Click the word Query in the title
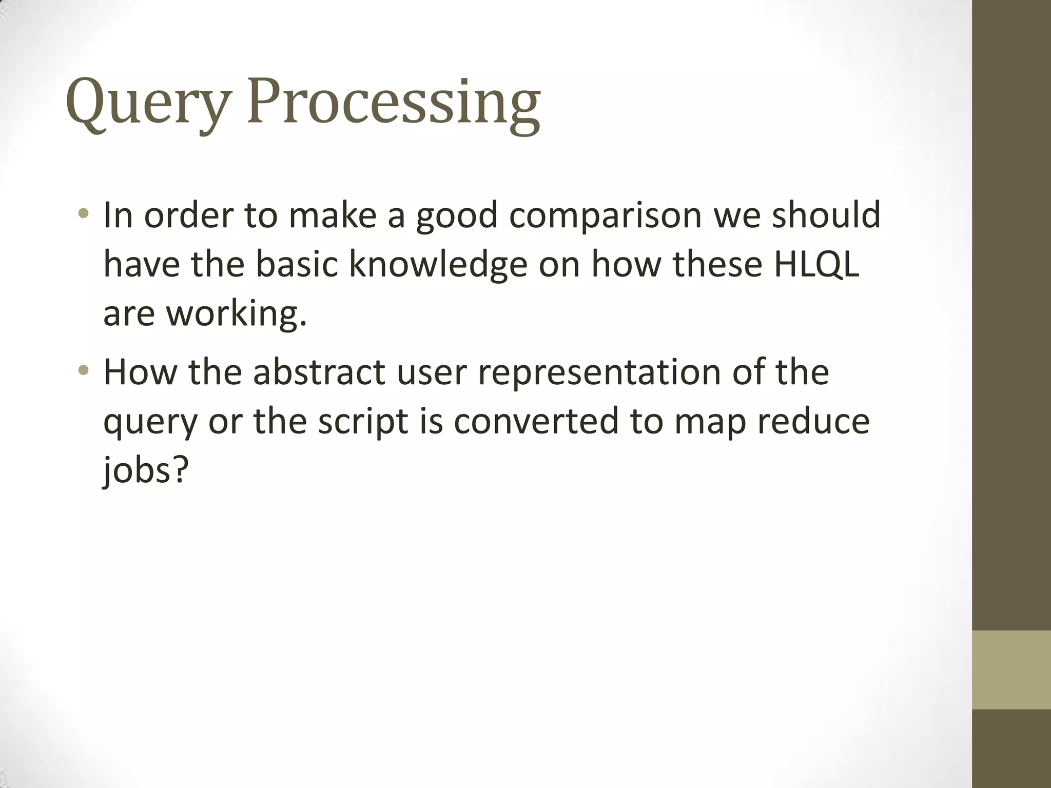[146, 103]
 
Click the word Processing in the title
[393, 103]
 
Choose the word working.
[236, 313]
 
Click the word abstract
[319, 371]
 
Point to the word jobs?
[146, 469]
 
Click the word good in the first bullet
[456, 215]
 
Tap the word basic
[297, 264]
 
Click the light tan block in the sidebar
[1011, 669]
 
